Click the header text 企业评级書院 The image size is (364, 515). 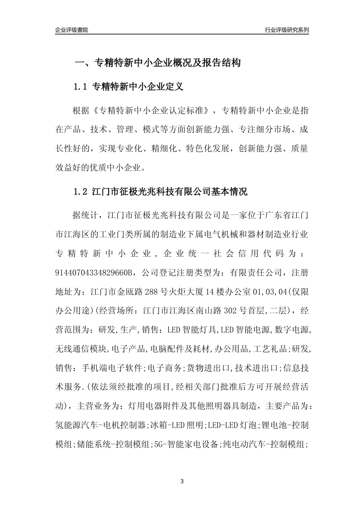[x=72, y=30]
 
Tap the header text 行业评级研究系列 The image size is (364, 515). [x=287, y=30]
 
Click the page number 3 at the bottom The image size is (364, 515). [x=182, y=481]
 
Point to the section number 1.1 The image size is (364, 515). [x=81, y=87]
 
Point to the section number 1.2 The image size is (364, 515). [x=81, y=192]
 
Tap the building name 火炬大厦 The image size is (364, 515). [x=185, y=292]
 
